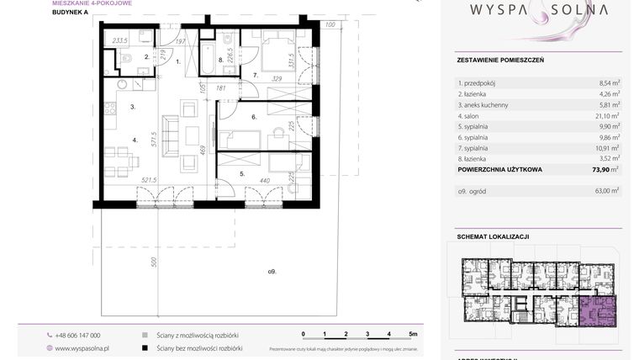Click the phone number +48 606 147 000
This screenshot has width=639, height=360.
pos(77,335)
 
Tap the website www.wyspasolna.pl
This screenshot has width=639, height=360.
pos(82,347)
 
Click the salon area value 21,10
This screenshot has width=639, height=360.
pos(604,115)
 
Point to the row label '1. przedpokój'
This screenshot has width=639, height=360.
pos(478,83)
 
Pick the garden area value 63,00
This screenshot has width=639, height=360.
pos(604,192)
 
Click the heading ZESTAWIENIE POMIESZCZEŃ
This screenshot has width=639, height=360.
pos(500,61)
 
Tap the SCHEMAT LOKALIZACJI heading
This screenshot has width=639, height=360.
pos(493,236)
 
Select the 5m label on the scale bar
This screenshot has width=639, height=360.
pos(413,334)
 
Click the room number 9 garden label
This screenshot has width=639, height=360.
pos(272,270)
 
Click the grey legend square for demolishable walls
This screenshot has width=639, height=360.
pos(145,335)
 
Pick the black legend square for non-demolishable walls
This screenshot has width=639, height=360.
pos(145,347)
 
